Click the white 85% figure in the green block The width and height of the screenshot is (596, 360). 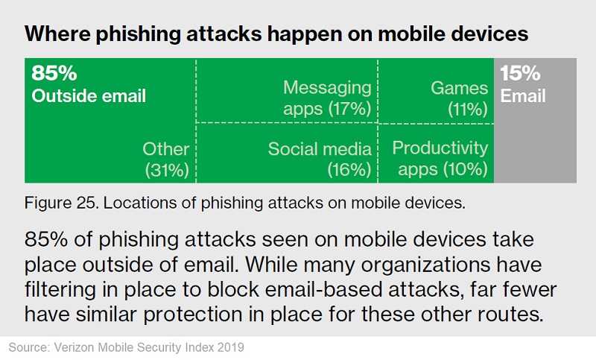click(x=54, y=72)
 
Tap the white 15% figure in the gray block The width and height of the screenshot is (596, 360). click(x=520, y=72)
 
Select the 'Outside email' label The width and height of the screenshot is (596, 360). click(x=89, y=96)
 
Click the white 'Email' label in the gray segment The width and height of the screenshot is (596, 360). click(x=523, y=96)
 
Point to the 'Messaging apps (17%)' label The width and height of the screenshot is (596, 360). click(x=327, y=98)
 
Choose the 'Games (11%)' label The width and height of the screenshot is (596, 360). click(x=459, y=98)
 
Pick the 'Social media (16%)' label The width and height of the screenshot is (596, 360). click(x=320, y=160)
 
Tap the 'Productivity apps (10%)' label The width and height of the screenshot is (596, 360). click(x=440, y=159)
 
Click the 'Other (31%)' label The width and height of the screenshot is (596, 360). click(x=166, y=160)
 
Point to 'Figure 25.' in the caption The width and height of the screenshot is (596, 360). click(x=62, y=203)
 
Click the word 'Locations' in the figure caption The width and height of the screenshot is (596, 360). click(x=140, y=203)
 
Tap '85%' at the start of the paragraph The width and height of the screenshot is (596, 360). click(x=46, y=239)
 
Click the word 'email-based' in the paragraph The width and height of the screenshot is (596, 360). click(x=323, y=289)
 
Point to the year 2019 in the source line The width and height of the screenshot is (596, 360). click(x=230, y=347)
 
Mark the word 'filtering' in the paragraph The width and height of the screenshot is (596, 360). click(x=60, y=290)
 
